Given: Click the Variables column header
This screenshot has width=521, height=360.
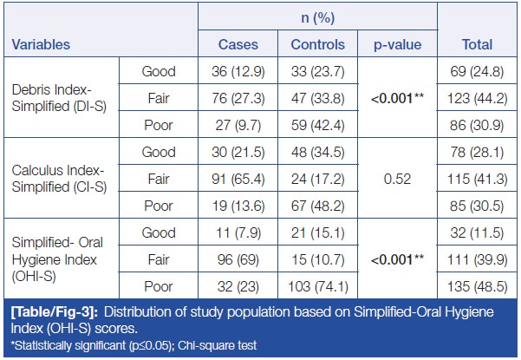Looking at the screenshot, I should pos(42,44).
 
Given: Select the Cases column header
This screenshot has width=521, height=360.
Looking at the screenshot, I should pos(237,44).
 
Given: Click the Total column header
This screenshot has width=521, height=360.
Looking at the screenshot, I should pos(475,44).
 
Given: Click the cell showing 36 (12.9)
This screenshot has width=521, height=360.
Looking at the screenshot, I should pos(237,70).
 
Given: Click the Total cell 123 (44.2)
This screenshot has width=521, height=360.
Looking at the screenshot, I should pos(475,97).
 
